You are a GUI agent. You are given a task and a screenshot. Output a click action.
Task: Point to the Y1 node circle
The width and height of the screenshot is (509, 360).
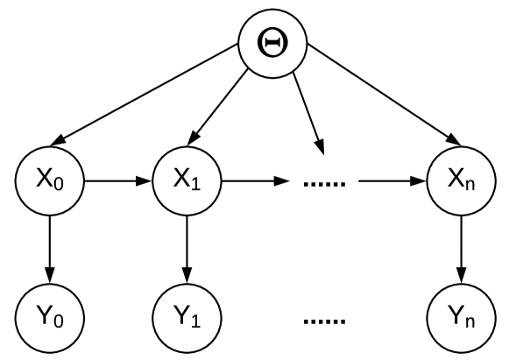point(187,313)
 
